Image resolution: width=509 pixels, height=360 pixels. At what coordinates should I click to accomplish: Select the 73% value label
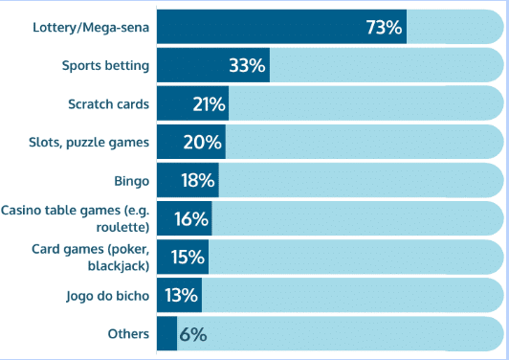click(x=384, y=28)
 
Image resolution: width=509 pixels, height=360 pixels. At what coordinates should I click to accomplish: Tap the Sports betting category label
click(x=105, y=66)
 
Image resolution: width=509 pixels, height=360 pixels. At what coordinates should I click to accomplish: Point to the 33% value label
click(x=247, y=66)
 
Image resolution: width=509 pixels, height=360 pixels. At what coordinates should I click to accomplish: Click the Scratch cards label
click(x=108, y=104)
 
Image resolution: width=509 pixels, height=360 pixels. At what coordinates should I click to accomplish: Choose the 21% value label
click(x=209, y=104)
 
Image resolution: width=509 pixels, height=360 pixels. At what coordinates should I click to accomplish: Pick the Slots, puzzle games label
click(x=89, y=143)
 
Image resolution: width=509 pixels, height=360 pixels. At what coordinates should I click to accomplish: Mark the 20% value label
click(x=203, y=143)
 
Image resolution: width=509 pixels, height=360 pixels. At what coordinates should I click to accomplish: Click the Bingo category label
click(x=131, y=181)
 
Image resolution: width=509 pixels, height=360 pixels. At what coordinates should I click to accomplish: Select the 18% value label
click(x=198, y=181)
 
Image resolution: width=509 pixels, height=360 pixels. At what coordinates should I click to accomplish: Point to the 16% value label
click(x=191, y=219)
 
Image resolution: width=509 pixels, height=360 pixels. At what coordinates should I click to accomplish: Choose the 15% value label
click(x=188, y=257)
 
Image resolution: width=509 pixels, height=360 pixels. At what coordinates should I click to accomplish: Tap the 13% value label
click(x=181, y=295)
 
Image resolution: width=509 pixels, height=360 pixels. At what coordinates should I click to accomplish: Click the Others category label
click(x=129, y=333)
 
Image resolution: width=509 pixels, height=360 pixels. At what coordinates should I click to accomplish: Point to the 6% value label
click(x=192, y=334)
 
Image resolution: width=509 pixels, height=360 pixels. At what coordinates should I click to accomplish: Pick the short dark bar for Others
click(x=166, y=333)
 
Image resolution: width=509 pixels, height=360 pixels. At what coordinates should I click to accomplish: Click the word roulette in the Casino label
click(x=121, y=228)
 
